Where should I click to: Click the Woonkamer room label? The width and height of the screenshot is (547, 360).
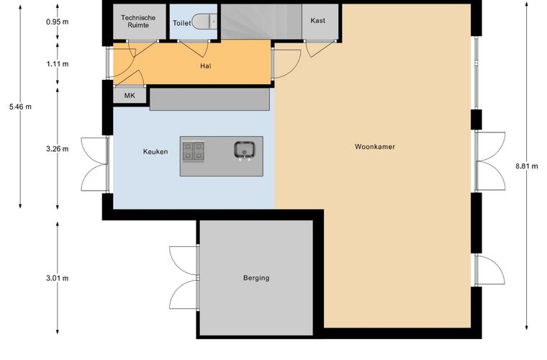[375, 146]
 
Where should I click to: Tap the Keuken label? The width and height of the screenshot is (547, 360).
[155, 151]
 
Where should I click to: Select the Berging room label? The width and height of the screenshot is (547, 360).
[256, 278]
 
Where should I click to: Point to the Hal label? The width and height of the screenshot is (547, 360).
[205, 66]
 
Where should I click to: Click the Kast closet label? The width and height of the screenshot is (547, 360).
[317, 21]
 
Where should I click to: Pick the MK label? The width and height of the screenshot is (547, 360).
[130, 95]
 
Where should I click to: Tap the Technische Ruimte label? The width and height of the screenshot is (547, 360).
[138, 22]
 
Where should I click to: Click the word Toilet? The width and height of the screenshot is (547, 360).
[182, 23]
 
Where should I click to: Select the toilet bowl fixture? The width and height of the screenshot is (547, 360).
[205, 22]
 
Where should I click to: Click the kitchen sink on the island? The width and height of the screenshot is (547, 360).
[244, 150]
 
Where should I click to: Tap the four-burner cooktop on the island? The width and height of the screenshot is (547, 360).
[194, 151]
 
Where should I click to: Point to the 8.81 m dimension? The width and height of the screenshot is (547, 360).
[526, 166]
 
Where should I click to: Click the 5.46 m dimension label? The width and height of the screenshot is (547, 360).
[20, 107]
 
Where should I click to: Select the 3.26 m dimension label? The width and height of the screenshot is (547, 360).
[57, 149]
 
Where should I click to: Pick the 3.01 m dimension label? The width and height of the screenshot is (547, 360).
[57, 279]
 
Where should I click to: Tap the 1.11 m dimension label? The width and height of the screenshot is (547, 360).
[57, 64]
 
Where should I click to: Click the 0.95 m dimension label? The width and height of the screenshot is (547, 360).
[57, 22]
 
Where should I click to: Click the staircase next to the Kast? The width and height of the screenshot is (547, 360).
[261, 22]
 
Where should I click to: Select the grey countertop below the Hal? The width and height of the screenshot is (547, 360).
[209, 99]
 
